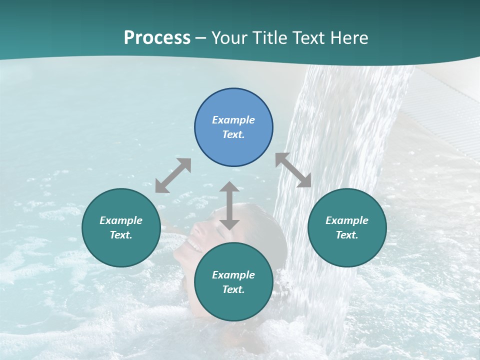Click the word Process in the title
coord(157,38)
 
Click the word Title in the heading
coord(270,38)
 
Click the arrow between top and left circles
coord(173,175)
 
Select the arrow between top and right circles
coord(293,170)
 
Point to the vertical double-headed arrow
coord(229,205)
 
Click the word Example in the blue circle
coord(233,120)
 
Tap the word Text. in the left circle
coord(121,235)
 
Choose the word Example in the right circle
coord(347,220)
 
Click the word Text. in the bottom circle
coord(233,289)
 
